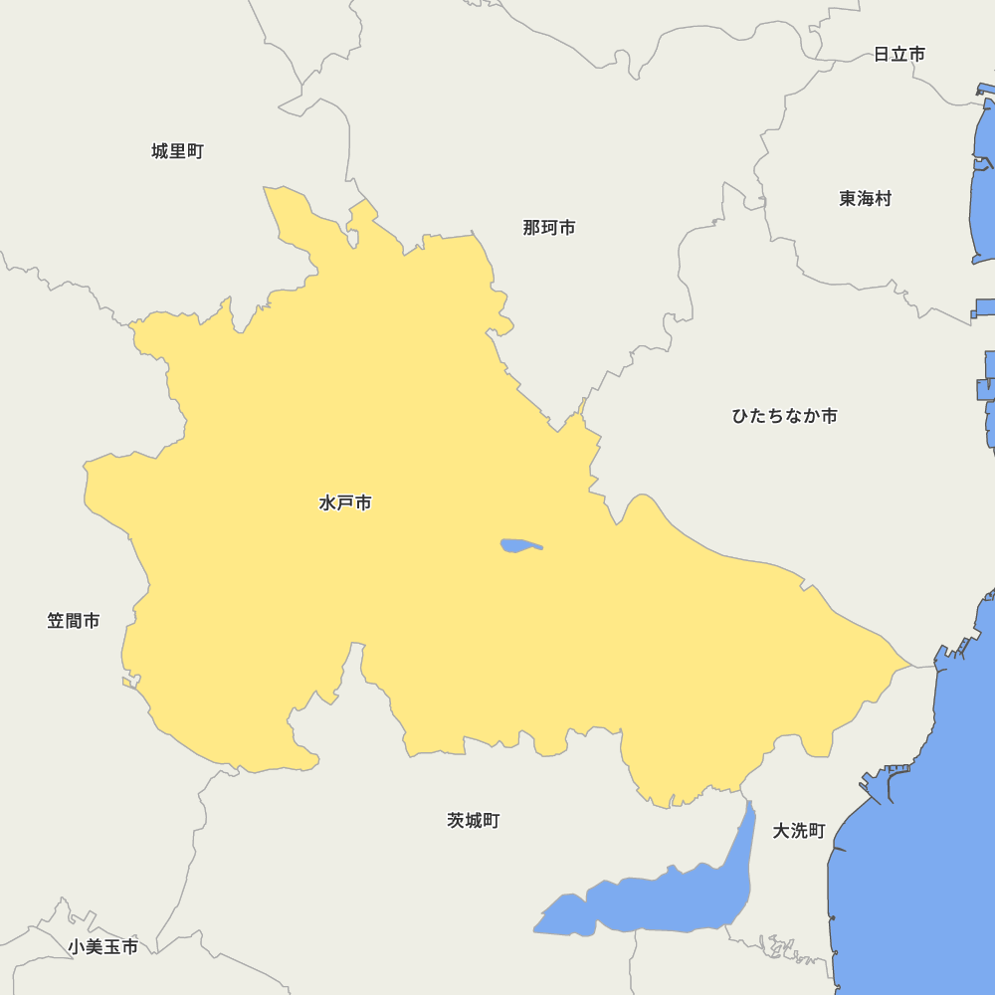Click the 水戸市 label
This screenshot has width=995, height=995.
tap(345, 503)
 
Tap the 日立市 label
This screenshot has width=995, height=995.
tap(898, 55)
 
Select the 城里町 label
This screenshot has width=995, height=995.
tap(177, 151)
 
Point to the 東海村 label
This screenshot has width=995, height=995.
tap(865, 199)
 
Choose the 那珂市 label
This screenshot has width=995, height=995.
tap(549, 228)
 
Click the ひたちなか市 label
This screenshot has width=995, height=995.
tap(784, 416)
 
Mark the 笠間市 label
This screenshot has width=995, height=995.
tap(74, 621)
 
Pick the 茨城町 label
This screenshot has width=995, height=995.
tap(473, 821)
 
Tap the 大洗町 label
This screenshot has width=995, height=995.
tap(799, 831)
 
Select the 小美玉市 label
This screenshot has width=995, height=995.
tap(103, 947)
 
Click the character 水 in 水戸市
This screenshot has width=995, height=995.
tap(327, 503)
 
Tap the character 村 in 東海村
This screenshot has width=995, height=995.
tap(883, 199)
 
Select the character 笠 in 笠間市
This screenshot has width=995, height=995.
tap(56, 621)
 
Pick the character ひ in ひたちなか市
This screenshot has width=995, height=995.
tap(741, 416)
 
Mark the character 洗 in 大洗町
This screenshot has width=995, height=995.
tap(799, 831)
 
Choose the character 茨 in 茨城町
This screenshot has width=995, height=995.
tap(456, 821)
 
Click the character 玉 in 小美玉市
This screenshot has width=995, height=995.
tap(112, 947)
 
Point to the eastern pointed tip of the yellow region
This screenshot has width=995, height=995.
tap(910, 664)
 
